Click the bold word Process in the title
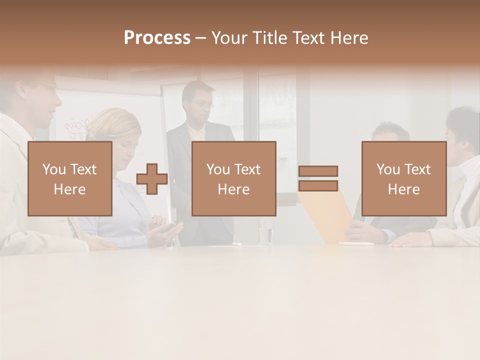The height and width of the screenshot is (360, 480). (157, 37)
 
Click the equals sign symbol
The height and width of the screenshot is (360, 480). (318, 178)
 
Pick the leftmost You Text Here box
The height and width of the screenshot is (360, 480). (69, 178)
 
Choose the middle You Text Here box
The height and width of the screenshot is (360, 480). (233, 178)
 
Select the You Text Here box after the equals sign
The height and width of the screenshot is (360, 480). (403, 178)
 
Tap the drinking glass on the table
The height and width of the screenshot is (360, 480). (265, 233)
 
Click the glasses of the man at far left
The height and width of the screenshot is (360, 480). (47, 86)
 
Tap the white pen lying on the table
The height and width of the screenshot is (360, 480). (356, 243)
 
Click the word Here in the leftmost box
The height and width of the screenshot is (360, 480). (69, 189)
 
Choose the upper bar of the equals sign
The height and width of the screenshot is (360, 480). (318, 171)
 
